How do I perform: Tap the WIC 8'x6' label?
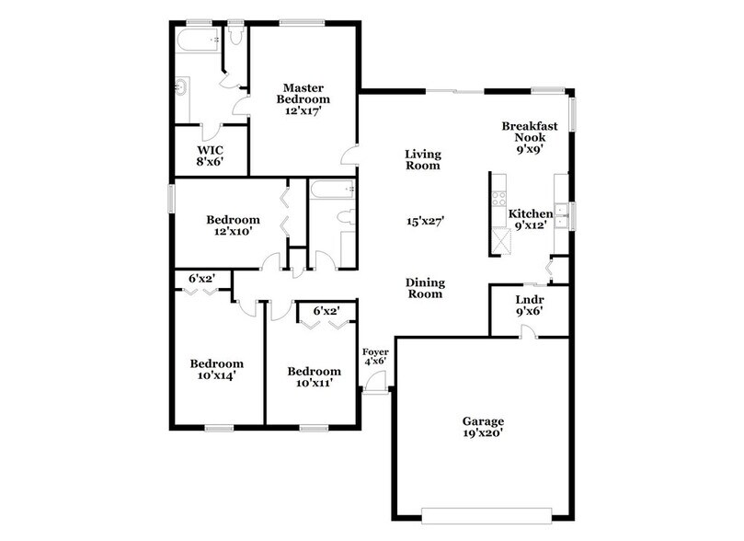210,155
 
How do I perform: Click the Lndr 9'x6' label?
528,305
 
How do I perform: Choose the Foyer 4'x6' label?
375,356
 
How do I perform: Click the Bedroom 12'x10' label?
232,225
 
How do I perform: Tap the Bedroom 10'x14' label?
216,369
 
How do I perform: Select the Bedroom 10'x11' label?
314,377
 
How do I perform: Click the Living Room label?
423,160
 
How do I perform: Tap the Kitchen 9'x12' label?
531,219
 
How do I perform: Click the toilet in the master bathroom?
236,35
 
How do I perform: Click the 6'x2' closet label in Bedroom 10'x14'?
201,278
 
